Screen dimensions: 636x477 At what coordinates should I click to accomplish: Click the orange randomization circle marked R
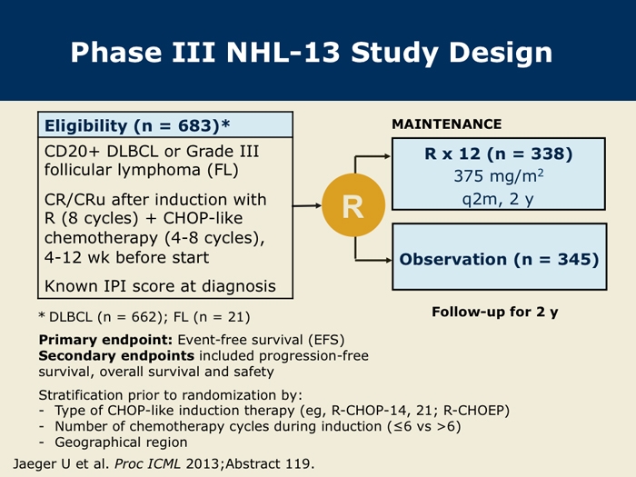pyautogui.click(x=353, y=204)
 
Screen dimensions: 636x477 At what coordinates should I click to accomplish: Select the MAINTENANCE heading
pyautogui.click(x=447, y=124)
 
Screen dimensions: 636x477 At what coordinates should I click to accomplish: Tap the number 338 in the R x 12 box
pyautogui.click(x=546, y=154)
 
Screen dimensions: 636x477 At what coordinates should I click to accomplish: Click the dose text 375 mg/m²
pyautogui.click(x=499, y=175)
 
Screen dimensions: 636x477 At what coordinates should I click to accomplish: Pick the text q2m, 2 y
pyautogui.click(x=498, y=199)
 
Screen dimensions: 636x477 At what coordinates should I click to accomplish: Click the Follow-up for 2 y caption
pyautogui.click(x=495, y=312)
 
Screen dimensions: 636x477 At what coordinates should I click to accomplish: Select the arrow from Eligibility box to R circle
pyautogui.click(x=307, y=205)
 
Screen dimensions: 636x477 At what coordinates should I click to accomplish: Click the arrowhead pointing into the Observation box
pyautogui.click(x=389, y=260)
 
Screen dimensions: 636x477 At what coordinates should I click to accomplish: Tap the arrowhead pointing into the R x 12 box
pyautogui.click(x=388, y=156)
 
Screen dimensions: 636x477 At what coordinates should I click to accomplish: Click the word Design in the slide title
pyautogui.click(x=501, y=53)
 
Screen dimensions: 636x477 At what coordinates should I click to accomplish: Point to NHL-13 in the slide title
pyautogui.click(x=283, y=53)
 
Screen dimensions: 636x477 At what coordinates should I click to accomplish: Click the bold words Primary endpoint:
pyautogui.click(x=106, y=340)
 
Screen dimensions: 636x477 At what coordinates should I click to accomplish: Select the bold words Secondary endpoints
pyautogui.click(x=116, y=356)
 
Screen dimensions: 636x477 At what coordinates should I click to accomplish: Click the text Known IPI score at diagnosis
pyautogui.click(x=160, y=286)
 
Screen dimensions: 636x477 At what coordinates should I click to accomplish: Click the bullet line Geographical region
pyautogui.click(x=121, y=442)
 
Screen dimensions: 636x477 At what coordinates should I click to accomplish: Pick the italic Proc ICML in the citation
pyautogui.click(x=147, y=463)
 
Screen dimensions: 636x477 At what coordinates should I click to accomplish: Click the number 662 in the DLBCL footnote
pyautogui.click(x=144, y=317)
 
